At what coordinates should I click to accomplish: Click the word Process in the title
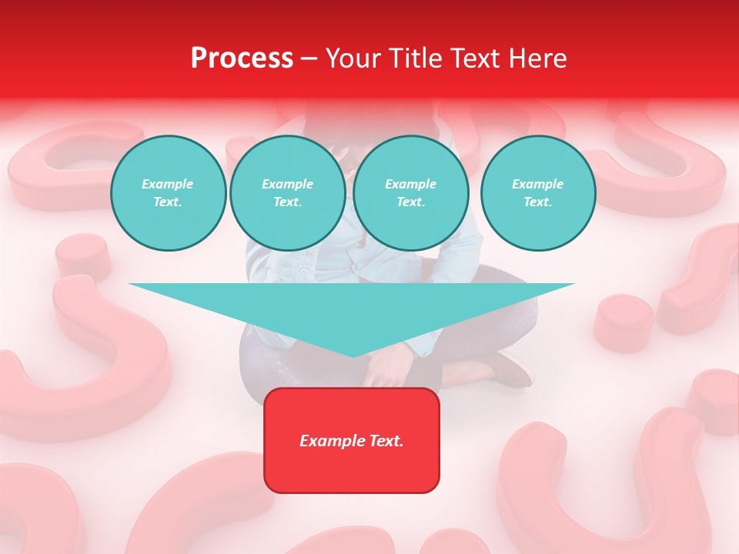[x=242, y=58]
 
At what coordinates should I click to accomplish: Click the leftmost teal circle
[x=168, y=193]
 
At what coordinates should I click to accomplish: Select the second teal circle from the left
[x=287, y=193]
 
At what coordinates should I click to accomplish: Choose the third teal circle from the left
[x=410, y=193]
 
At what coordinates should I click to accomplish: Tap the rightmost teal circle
[x=537, y=193]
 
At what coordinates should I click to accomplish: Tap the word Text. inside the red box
[x=385, y=441]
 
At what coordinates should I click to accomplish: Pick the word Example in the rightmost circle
[x=537, y=184]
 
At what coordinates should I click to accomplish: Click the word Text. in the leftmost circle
[x=168, y=202]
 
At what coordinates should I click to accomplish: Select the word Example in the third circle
[x=410, y=184]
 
